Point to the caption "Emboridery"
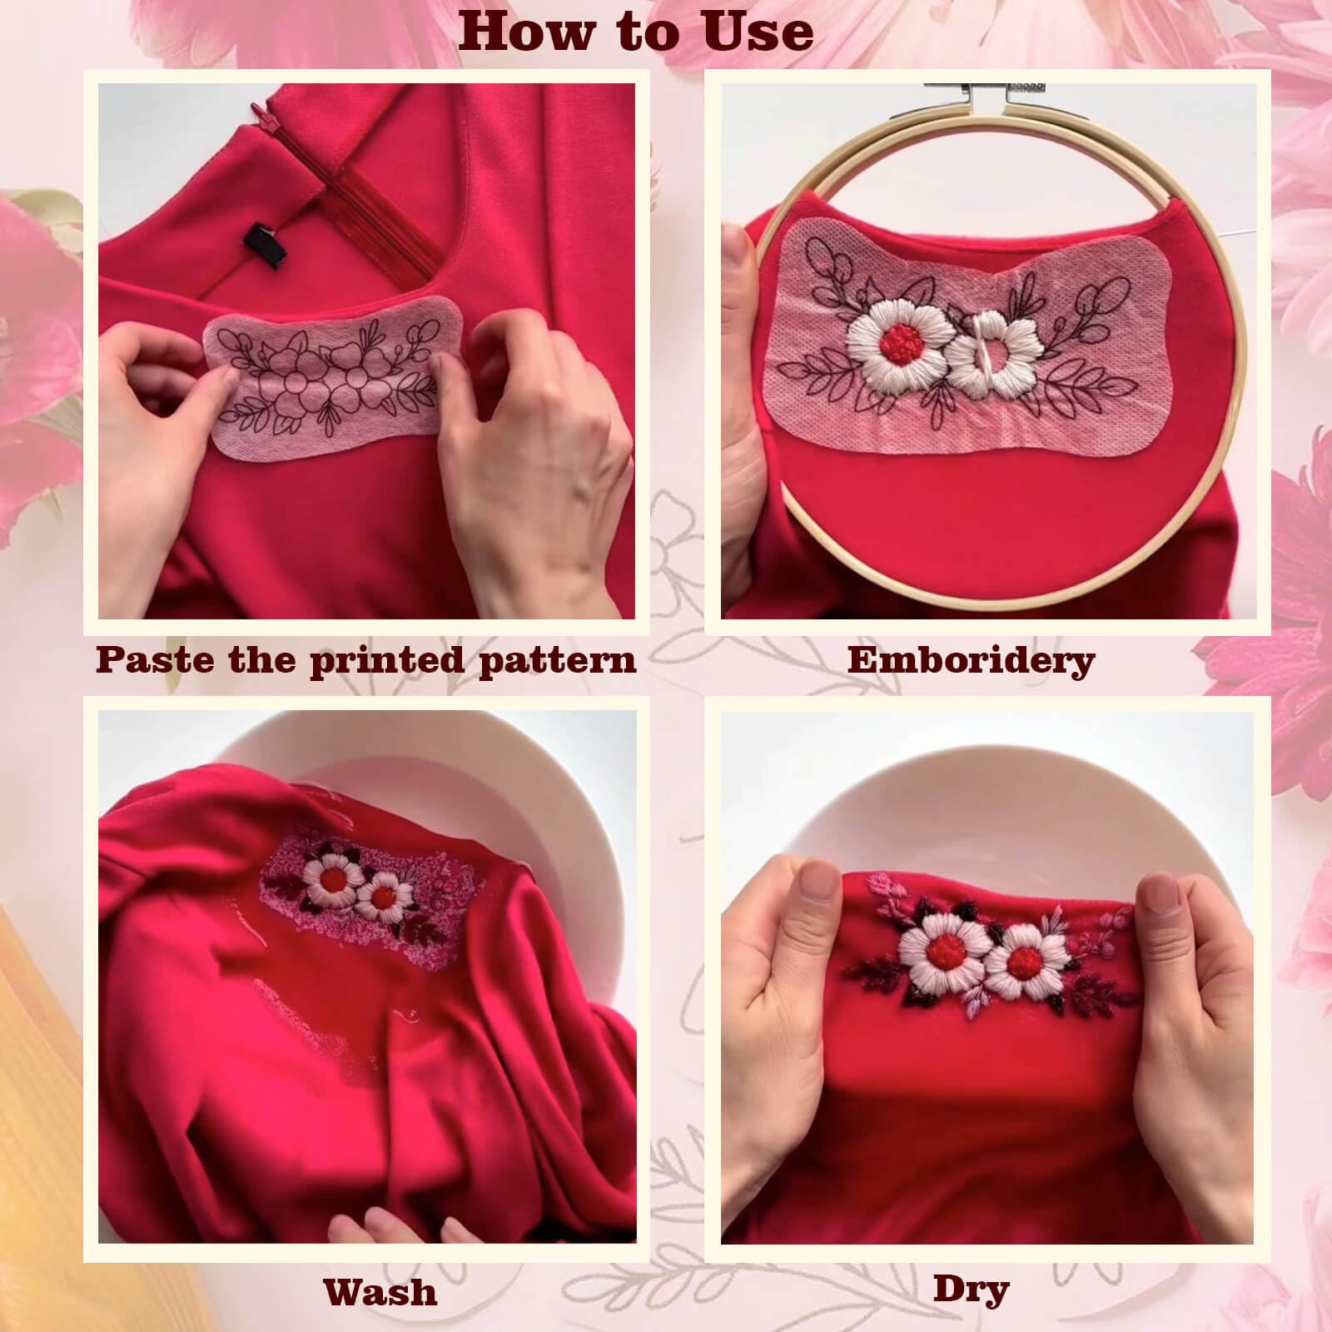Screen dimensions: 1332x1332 point(971,660)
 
